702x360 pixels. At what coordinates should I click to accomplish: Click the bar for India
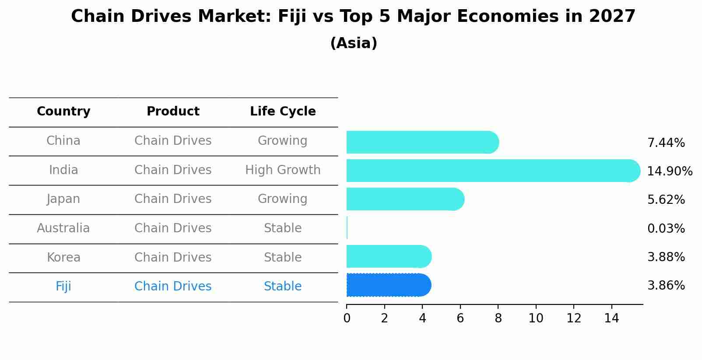(x=493, y=171)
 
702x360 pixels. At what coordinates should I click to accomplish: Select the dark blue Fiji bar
(x=389, y=285)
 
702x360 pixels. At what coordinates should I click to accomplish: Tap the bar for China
(x=422, y=142)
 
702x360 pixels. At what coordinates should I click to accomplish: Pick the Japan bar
(x=405, y=199)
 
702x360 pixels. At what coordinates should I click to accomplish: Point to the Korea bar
(x=389, y=256)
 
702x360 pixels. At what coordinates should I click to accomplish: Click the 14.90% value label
(x=670, y=171)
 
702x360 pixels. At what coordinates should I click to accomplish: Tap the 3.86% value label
(x=666, y=286)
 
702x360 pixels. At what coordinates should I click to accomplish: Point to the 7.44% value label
(x=666, y=143)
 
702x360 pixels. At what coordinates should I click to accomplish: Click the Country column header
(x=63, y=112)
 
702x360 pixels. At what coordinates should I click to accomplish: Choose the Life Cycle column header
(x=283, y=112)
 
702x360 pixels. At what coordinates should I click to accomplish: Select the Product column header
(x=173, y=112)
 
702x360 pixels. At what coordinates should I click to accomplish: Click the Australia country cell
(x=63, y=228)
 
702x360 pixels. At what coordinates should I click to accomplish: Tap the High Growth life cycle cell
(x=283, y=170)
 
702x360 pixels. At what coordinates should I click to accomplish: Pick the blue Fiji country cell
(x=63, y=287)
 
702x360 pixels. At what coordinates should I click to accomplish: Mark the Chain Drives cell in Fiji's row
(x=173, y=287)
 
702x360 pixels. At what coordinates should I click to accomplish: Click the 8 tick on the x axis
(x=498, y=318)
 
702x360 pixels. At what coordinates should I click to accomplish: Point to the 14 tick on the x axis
(x=611, y=318)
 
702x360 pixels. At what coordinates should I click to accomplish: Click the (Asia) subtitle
(x=354, y=43)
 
